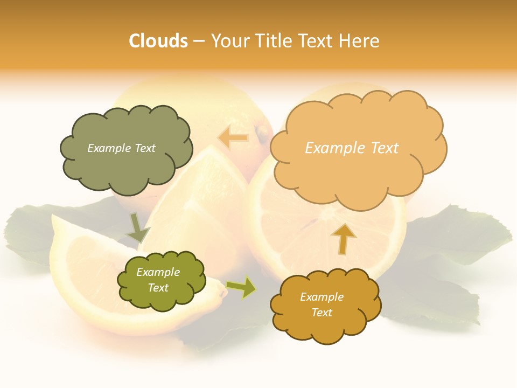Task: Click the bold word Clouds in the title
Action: point(158,41)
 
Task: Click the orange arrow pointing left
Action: point(233,138)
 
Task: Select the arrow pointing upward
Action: point(343,238)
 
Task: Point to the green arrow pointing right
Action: point(241,287)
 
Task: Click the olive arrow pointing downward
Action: point(137,228)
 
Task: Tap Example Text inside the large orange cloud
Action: point(352,148)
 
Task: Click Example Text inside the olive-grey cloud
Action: point(121,148)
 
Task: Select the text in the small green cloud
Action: point(158,280)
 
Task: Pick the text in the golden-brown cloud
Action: point(322,304)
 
